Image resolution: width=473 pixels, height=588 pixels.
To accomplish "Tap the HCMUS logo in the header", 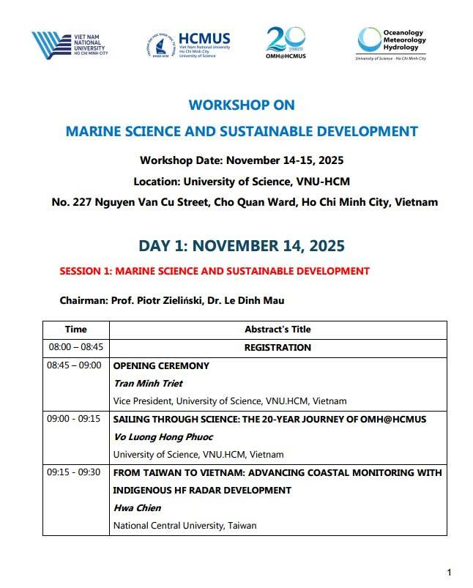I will pyautogui.click(x=189, y=44).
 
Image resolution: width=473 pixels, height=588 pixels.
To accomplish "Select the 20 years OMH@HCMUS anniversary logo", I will pyautogui.click(x=286, y=43).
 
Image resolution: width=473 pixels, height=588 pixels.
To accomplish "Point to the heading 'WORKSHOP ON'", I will pyautogui.click(x=242, y=105).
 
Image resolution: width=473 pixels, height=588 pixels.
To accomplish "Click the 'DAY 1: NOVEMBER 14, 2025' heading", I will pyautogui.click(x=242, y=245).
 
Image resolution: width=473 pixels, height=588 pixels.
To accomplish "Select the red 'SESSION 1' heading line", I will pyautogui.click(x=215, y=271).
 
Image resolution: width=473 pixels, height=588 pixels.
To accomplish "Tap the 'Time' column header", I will pyautogui.click(x=75, y=330).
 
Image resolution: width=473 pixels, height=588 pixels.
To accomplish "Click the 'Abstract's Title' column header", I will pyautogui.click(x=278, y=330).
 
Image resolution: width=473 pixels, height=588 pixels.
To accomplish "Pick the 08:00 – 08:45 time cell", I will pyautogui.click(x=75, y=348).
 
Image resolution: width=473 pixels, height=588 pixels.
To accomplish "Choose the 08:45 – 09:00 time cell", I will pyautogui.click(x=75, y=365).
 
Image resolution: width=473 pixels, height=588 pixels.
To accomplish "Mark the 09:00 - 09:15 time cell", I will pyautogui.click(x=75, y=419).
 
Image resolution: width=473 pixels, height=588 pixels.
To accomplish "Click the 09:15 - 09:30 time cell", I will pyautogui.click(x=75, y=472).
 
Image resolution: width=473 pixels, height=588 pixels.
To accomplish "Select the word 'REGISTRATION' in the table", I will pyautogui.click(x=278, y=348).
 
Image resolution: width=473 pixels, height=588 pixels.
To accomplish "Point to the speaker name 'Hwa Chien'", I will pyautogui.click(x=135, y=507).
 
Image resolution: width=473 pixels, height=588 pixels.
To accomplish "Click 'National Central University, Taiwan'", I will pyautogui.click(x=185, y=526).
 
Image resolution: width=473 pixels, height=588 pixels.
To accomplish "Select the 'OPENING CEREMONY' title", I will pyautogui.click(x=161, y=365).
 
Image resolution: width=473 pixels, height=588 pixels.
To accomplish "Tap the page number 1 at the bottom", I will pyautogui.click(x=449, y=572).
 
